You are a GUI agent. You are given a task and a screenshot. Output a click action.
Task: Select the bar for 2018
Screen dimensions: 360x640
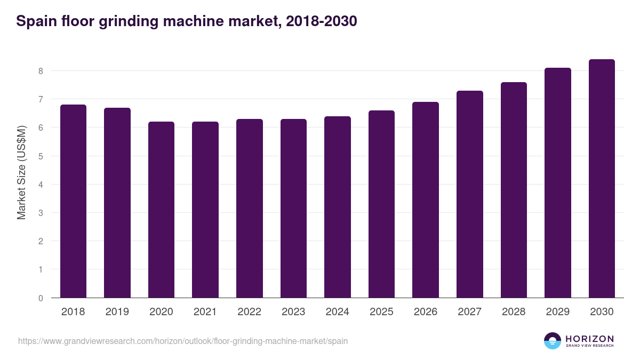pos(73,201)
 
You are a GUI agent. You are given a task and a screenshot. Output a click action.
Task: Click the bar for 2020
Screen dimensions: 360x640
pos(161,210)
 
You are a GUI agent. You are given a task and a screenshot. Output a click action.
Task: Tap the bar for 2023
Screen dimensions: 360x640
pos(293,208)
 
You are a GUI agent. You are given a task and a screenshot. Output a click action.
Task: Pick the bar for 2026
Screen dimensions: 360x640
pos(426,199)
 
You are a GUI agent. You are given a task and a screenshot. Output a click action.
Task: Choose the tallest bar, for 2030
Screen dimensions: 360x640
pos(602,178)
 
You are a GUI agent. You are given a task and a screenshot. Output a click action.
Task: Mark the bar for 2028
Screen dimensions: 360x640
pos(514,190)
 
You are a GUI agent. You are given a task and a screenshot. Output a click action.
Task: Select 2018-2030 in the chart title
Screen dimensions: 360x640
pos(321,21)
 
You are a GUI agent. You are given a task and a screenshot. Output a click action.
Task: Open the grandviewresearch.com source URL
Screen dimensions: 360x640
pos(183,341)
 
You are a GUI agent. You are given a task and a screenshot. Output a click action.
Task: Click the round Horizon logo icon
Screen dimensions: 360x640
pos(553,341)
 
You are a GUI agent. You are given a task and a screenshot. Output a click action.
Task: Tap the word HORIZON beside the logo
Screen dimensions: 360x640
pos(589,339)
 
